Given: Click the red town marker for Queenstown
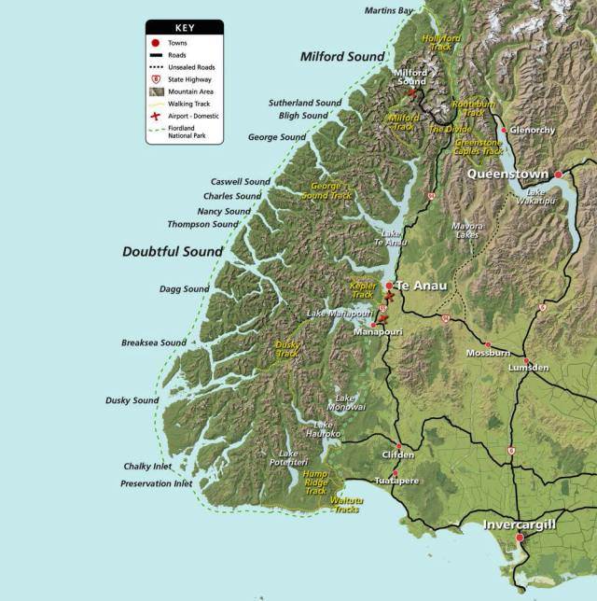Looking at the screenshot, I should click(559, 175).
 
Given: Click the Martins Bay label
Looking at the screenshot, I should click(389, 10).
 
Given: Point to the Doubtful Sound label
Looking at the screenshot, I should click(173, 252).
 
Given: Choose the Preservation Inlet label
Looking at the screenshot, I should click(156, 483).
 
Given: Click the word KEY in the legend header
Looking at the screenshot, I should click(185, 28).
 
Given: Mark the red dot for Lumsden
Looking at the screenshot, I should click(526, 360).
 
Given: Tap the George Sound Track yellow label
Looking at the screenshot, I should click(326, 191).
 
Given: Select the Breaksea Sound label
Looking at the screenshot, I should click(154, 342).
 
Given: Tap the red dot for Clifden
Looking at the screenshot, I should click(398, 446).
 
